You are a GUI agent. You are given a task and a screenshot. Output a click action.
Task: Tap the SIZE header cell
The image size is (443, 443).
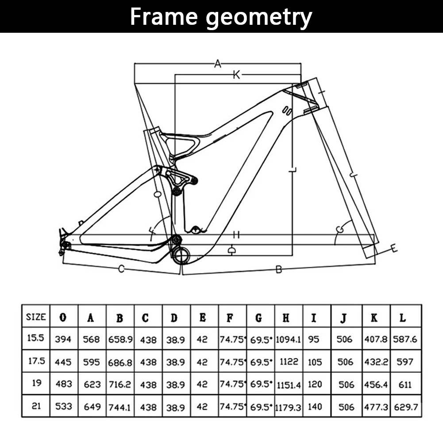pyautogui.click(x=36, y=317)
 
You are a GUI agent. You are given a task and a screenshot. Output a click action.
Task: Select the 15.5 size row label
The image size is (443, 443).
pyautogui.click(x=36, y=338)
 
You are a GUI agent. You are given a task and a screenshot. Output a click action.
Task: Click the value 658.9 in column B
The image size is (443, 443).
pyautogui.click(x=120, y=339)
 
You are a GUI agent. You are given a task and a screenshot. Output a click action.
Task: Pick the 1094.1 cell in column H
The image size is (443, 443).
pyautogui.click(x=289, y=339)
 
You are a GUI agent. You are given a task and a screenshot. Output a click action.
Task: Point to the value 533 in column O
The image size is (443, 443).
pyautogui.click(x=63, y=406)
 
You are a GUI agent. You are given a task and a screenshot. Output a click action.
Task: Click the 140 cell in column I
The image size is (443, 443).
pyautogui.click(x=315, y=406)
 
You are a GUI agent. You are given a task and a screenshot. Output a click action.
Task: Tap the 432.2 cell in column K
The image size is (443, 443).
pyautogui.click(x=376, y=362)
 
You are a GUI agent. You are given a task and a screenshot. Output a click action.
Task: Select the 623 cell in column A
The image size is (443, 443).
pyautogui.click(x=92, y=384)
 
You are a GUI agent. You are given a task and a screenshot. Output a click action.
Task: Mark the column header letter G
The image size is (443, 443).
pyautogui.click(x=258, y=317)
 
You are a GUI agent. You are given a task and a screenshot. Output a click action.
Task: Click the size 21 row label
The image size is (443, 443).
pyautogui.click(x=36, y=405)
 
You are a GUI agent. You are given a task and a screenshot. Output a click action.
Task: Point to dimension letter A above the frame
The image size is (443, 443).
pyautogui.click(x=217, y=64)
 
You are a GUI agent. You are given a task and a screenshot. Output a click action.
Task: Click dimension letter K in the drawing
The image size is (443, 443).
pyautogui.click(x=236, y=75)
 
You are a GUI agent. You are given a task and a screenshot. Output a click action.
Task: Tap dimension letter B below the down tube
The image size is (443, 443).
pyautogui.click(x=278, y=270)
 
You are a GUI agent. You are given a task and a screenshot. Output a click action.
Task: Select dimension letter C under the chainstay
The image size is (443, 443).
pyautogui.click(x=120, y=269)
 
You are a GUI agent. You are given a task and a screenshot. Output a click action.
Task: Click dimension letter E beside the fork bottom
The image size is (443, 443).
pyautogui.click(x=393, y=249)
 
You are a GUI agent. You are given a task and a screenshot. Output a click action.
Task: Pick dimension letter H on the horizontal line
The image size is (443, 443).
pyautogui.click(x=236, y=235)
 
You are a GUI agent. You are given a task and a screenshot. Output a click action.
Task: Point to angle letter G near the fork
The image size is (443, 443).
pyautogui.click(x=340, y=229)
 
